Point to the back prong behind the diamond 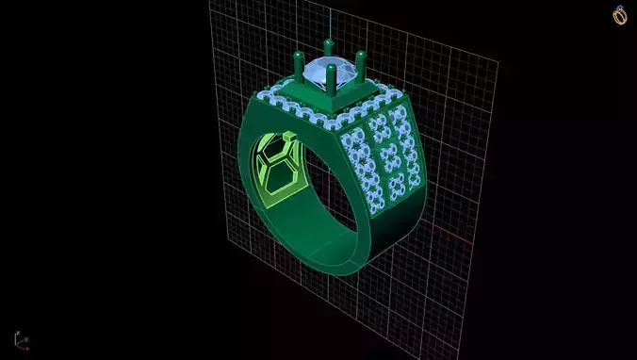tap(329, 47)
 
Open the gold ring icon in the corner tap(620, 15)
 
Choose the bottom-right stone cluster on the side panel tap(409, 180)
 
